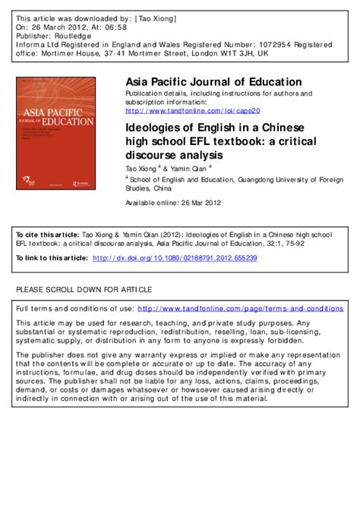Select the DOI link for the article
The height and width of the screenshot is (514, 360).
pyautogui.click(x=175, y=258)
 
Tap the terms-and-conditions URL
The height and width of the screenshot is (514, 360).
pyautogui.click(x=241, y=309)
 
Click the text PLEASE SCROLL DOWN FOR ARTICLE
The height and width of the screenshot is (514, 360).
pyautogui.click(x=84, y=289)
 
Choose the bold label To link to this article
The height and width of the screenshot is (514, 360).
pyautogui.click(x=50, y=258)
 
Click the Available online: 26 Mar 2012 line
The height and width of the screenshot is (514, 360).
pyautogui.click(x=172, y=203)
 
